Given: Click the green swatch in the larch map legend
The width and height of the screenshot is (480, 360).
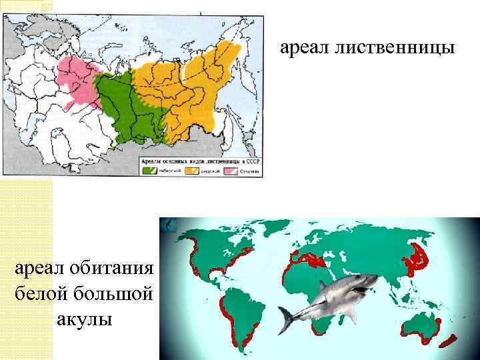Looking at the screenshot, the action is tap(149, 170).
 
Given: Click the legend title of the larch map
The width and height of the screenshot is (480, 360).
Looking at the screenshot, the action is tap(200, 161).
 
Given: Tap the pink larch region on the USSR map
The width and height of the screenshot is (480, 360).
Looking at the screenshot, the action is tap(77, 77).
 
